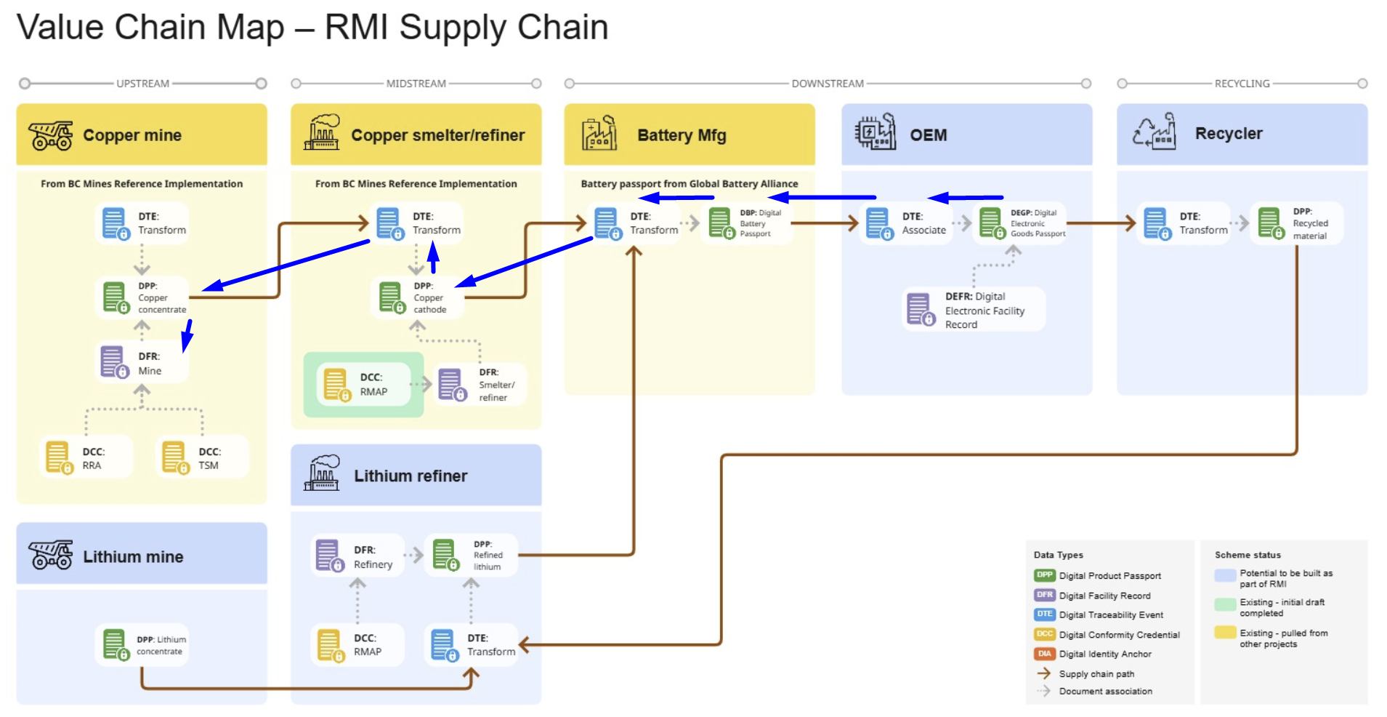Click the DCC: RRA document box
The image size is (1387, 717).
coord(86,457)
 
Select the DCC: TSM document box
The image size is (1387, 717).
coord(202,457)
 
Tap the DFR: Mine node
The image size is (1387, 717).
coord(142,363)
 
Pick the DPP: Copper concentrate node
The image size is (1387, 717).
coord(142,297)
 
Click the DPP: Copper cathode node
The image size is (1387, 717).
coord(416,297)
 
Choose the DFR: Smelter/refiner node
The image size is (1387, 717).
coord(480,385)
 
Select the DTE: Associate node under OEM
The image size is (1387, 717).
coord(905,223)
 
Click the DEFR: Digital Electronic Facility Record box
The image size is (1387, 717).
coord(973,310)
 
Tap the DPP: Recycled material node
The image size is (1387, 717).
coord(1296,223)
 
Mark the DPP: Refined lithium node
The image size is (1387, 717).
coord(470,556)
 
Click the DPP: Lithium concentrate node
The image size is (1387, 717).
coord(142,645)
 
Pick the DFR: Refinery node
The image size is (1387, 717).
coord(357,557)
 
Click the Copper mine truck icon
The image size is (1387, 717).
coord(51,135)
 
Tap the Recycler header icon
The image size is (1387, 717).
coord(1155,132)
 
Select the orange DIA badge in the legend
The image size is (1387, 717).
coord(1044,654)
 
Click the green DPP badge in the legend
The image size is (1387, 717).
coord(1044,575)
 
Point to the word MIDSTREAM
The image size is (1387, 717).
coord(416,84)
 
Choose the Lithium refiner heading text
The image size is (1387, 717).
coord(411,476)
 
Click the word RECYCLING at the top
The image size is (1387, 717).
coord(1242,84)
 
